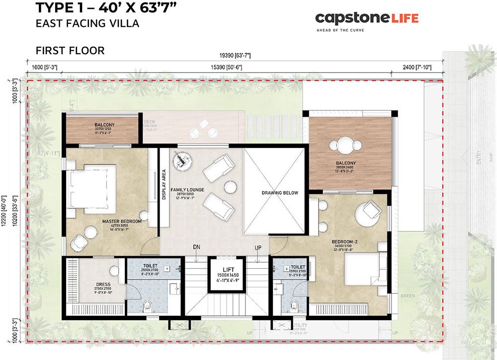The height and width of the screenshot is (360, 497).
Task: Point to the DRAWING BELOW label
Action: click(279, 193)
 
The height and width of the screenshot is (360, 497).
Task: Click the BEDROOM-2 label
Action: click(345, 242)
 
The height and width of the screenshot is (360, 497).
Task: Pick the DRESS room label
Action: click(103, 285)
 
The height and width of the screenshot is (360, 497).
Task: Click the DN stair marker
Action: click(197, 247)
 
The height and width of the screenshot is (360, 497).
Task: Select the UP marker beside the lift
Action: click(258, 247)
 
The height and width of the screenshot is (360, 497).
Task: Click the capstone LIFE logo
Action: click(367, 19)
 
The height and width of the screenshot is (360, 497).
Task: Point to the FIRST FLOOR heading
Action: click(70, 51)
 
